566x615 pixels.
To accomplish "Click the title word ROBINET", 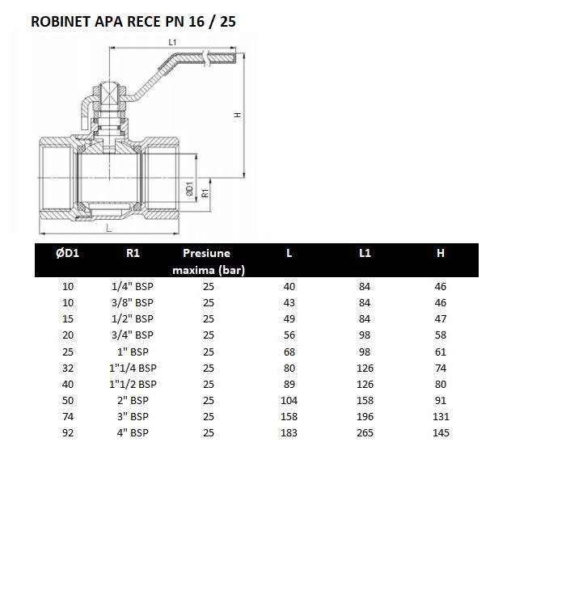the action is pyautogui.click(x=61, y=22).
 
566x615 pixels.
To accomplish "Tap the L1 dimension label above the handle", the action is pyautogui.click(x=172, y=42).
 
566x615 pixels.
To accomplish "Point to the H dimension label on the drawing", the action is pyautogui.click(x=237, y=115).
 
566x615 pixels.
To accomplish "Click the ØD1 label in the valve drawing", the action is pyautogui.click(x=189, y=189).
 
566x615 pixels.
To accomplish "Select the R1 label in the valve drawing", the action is pyautogui.click(x=205, y=193).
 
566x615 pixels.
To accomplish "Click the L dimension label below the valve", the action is pyautogui.click(x=109, y=228).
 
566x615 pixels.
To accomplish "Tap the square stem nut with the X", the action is pyautogui.click(x=108, y=95).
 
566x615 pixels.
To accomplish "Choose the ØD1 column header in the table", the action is pyautogui.click(x=67, y=253).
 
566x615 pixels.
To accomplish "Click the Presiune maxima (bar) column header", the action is pyautogui.click(x=209, y=262).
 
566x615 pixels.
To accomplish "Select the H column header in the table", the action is pyautogui.click(x=441, y=253).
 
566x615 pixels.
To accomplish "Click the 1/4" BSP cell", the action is pyautogui.click(x=133, y=287).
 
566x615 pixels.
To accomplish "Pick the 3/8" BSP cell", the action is pyautogui.click(x=133, y=303).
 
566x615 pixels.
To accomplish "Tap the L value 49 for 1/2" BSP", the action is pyautogui.click(x=289, y=319).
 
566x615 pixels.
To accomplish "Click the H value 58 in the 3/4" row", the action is pyautogui.click(x=441, y=335).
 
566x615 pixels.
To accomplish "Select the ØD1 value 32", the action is pyautogui.click(x=68, y=369).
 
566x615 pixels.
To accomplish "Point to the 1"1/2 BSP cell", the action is pyautogui.click(x=133, y=385).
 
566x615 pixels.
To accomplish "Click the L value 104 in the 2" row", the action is pyautogui.click(x=289, y=401).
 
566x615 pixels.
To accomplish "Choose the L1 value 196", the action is pyautogui.click(x=365, y=416).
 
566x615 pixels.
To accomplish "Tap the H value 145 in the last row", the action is pyautogui.click(x=441, y=433).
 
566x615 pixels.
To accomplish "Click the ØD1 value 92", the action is pyautogui.click(x=68, y=433).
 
